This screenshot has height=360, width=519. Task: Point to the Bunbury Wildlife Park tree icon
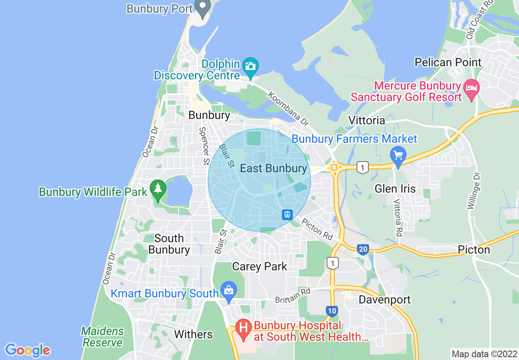[x=158, y=189]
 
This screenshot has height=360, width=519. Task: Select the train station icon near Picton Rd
[x=287, y=214]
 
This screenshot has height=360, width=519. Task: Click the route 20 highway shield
[x=363, y=249]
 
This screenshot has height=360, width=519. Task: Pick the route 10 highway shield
[x=332, y=311]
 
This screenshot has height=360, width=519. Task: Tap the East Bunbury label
[x=273, y=168]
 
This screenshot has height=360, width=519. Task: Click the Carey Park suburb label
[x=259, y=266]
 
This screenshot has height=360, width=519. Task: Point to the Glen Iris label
[x=395, y=189]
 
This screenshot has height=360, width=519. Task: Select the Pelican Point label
[x=448, y=62]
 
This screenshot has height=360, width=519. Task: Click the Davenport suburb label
[x=384, y=299]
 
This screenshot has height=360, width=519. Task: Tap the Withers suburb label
[x=193, y=334]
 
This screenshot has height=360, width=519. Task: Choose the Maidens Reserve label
[x=102, y=336]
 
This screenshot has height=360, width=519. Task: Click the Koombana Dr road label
[x=288, y=108]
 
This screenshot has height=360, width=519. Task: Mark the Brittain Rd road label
[x=293, y=295]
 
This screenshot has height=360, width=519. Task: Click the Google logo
[x=27, y=350]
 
